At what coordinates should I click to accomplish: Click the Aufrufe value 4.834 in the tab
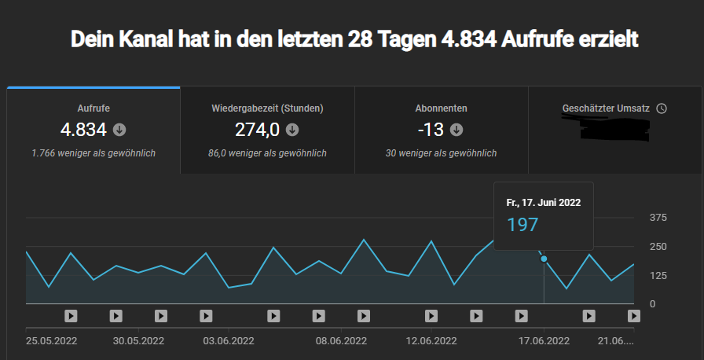pyautogui.click(x=83, y=130)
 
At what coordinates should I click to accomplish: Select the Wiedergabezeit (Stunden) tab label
pyautogui.click(x=267, y=108)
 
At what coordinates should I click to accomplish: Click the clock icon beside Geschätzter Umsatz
pyautogui.click(x=662, y=108)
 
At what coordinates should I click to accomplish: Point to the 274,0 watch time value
pyautogui.click(x=257, y=130)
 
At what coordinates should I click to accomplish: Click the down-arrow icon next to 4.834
pyautogui.click(x=119, y=130)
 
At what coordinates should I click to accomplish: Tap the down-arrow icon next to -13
pyautogui.click(x=456, y=130)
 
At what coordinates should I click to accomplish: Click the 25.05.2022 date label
pyautogui.click(x=52, y=341)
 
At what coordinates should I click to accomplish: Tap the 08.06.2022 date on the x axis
pyautogui.click(x=341, y=341)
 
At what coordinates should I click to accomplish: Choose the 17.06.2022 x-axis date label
pyautogui.click(x=544, y=341)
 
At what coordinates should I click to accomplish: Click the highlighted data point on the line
pyautogui.click(x=544, y=259)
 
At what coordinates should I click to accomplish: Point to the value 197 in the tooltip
pyautogui.click(x=522, y=225)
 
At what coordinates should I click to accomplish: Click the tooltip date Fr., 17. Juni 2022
pyautogui.click(x=544, y=203)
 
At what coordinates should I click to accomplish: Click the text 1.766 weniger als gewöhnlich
pyautogui.click(x=93, y=153)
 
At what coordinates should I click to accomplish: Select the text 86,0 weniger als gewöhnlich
pyautogui.click(x=267, y=153)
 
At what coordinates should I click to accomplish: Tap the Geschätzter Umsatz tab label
pyautogui.click(x=606, y=108)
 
